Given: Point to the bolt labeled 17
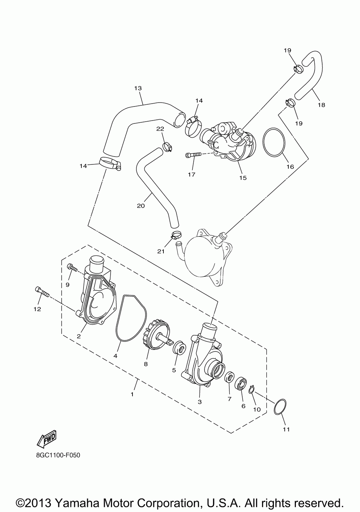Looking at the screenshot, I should coord(193,155).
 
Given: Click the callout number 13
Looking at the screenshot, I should coord(138,88).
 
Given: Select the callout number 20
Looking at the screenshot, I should coord(141,206).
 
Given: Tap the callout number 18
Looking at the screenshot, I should coord(321,105).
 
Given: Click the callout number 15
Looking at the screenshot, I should coord(243,178).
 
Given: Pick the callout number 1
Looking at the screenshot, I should coord(132,394).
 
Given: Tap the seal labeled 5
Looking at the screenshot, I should coord(179,349).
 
